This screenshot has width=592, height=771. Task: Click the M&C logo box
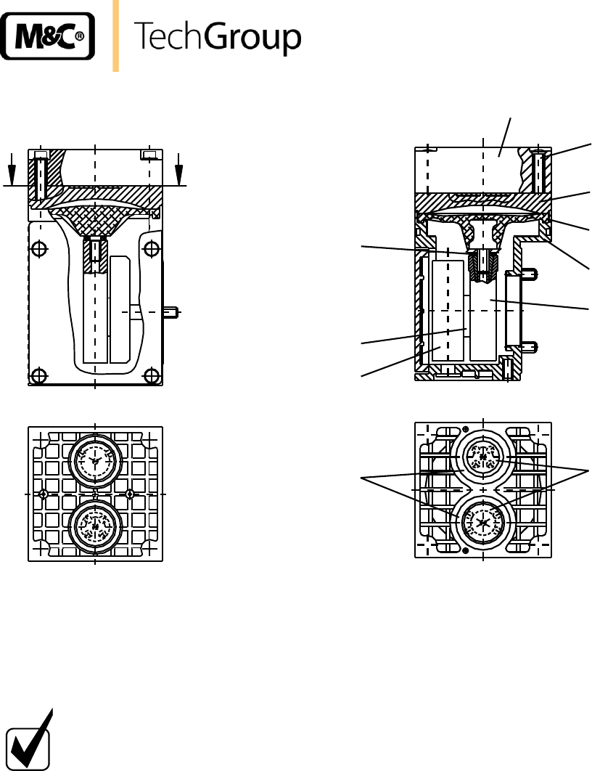[48, 36]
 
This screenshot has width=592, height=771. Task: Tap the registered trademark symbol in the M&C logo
[80, 36]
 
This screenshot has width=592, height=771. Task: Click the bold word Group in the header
[252, 37]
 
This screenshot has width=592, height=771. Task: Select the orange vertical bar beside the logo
[116, 36]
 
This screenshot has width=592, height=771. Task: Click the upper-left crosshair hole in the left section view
[39, 249]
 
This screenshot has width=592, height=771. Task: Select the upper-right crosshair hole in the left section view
[152, 249]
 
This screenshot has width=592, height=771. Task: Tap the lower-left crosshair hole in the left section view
[38, 376]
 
